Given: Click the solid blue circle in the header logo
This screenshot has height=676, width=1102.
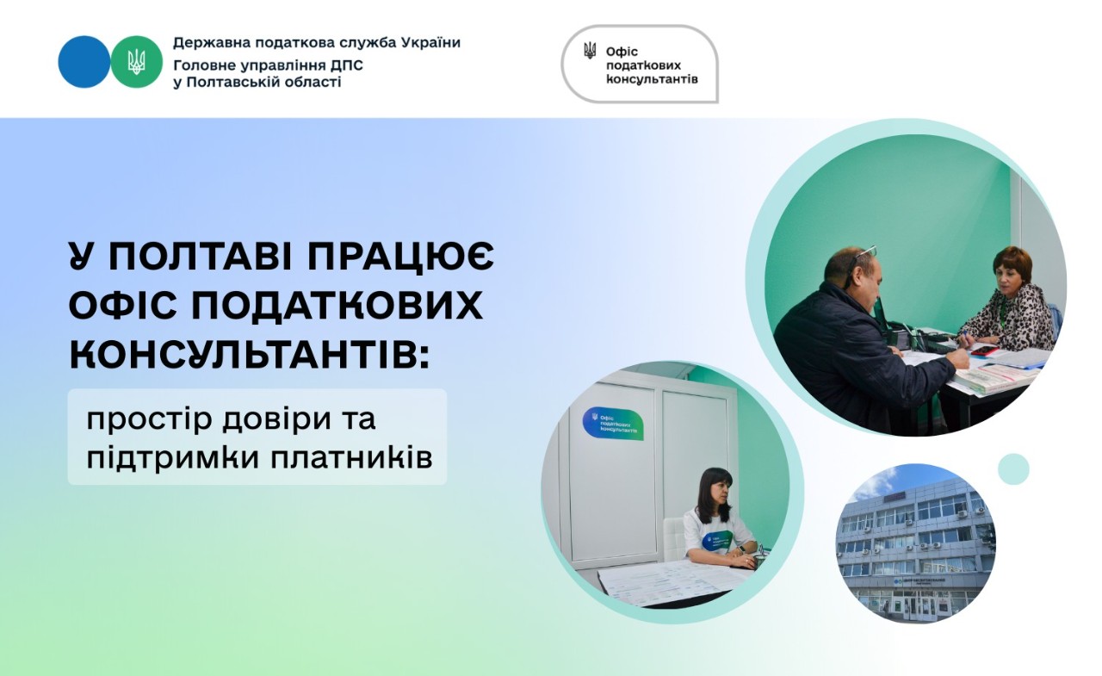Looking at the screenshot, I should (84, 62).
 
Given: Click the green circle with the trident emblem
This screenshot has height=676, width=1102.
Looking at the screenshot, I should (136, 62).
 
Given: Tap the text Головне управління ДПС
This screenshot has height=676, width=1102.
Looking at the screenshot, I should (256, 65).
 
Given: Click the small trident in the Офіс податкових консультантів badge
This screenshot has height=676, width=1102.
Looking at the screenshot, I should (590, 51).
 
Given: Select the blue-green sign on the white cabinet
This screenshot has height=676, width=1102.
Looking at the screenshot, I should (613, 423).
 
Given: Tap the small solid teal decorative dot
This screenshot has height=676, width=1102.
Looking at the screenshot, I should (1013, 469).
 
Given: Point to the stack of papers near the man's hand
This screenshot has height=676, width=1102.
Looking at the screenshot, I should (999, 377).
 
